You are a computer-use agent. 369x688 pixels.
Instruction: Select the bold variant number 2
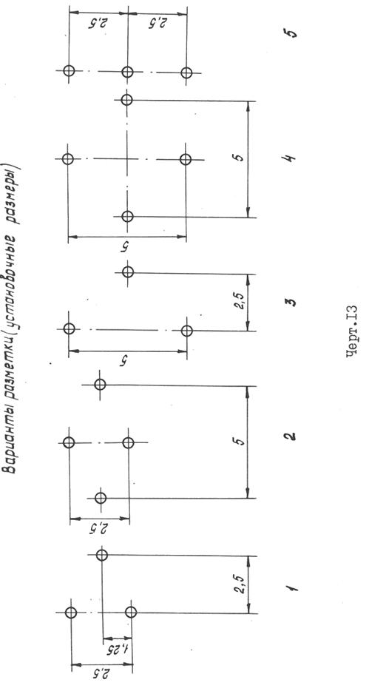(290, 437)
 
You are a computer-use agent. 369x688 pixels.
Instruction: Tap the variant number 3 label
(291, 303)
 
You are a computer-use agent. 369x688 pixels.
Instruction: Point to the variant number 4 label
(291, 157)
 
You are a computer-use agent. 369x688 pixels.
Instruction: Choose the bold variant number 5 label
(291, 33)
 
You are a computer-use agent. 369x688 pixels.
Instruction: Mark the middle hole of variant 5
(127, 72)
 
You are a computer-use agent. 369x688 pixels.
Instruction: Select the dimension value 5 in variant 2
(239, 442)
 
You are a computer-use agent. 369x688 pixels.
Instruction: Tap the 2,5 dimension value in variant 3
(240, 303)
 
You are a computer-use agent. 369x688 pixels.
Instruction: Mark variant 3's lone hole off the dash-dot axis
(128, 272)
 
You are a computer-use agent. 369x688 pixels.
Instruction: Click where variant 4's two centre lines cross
(126, 159)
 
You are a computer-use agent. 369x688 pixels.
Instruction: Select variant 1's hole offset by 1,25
(102, 555)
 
